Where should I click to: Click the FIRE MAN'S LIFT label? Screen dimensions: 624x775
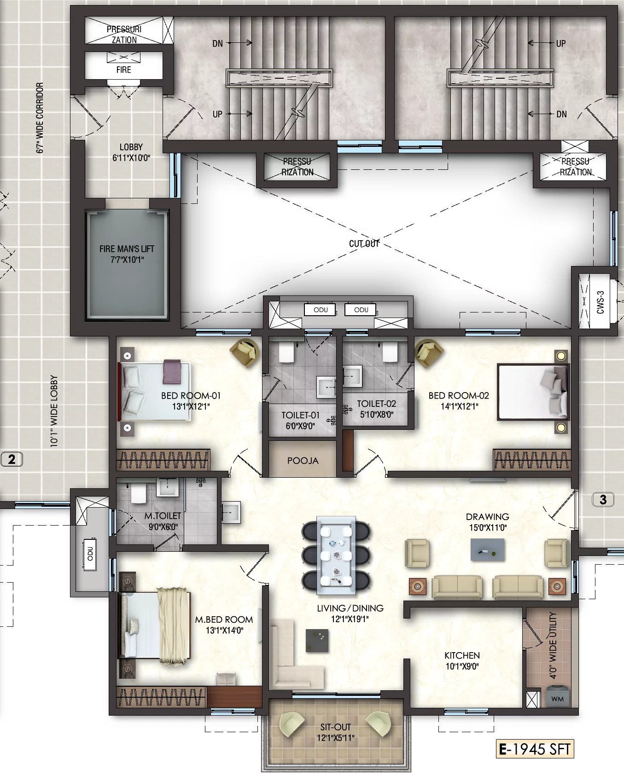(127, 249)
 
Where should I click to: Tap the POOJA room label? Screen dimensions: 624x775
(303, 461)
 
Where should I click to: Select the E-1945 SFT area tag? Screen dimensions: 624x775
(535, 749)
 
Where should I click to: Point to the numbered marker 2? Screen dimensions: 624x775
(12, 459)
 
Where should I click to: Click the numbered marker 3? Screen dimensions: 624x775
(603, 499)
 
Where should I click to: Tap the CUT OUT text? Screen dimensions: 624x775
(364, 243)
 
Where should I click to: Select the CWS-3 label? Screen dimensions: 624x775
(600, 302)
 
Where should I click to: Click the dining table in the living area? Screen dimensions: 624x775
(336, 555)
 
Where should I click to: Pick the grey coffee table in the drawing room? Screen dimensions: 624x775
(487, 550)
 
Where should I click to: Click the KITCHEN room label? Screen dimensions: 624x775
(462, 655)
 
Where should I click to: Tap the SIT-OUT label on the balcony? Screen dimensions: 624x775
(336, 727)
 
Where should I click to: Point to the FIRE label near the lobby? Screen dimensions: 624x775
(123, 70)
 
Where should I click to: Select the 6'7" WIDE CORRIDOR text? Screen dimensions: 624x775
(40, 118)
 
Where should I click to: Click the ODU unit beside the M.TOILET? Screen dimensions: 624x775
(90, 554)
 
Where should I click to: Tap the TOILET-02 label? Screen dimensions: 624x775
(376, 404)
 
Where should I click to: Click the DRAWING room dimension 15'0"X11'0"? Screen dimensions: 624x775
(488, 528)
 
